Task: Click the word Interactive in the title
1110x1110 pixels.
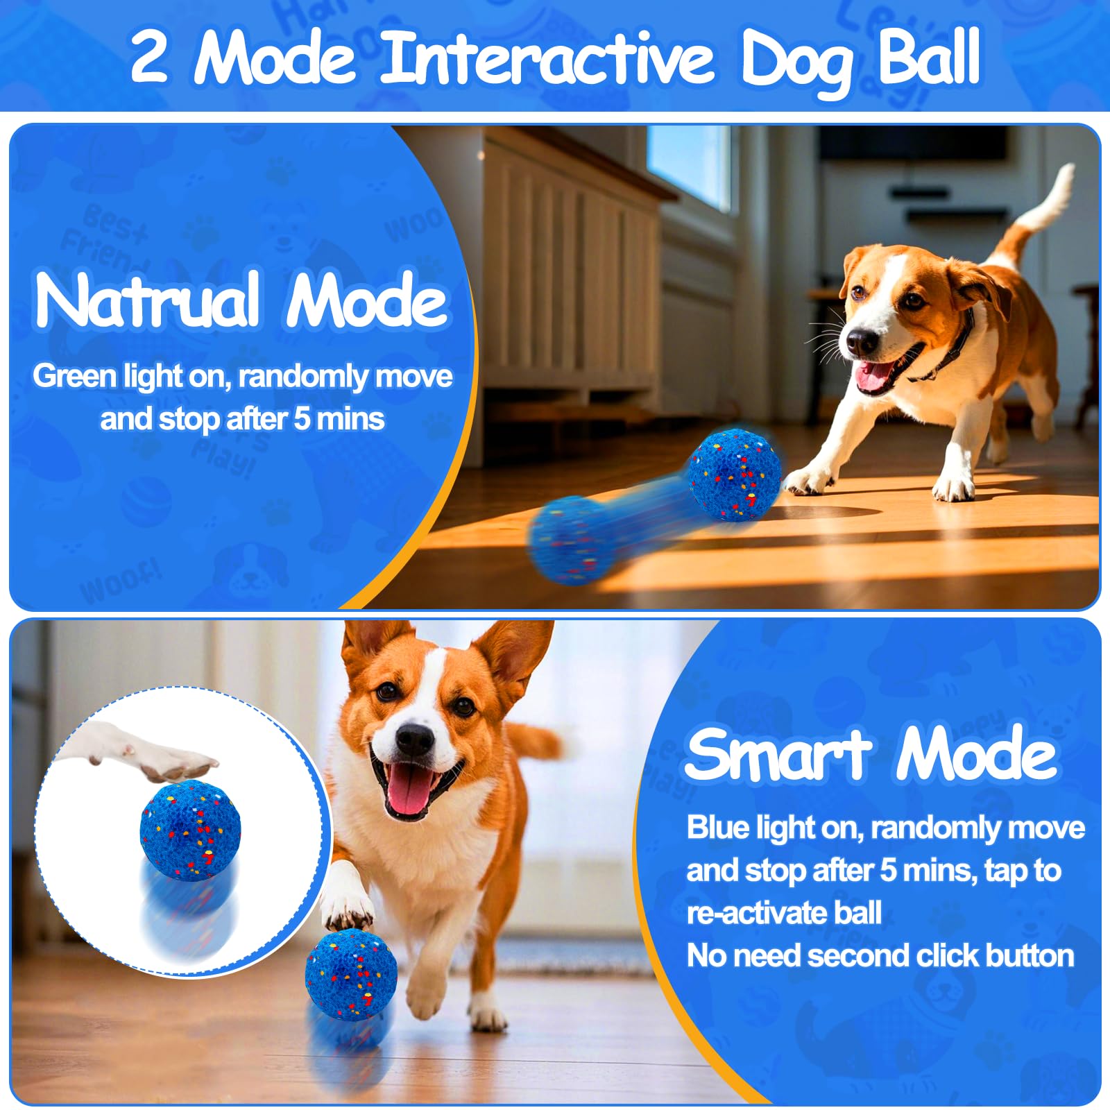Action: point(547,57)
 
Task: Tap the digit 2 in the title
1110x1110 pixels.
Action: point(148,57)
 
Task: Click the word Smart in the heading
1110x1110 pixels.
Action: point(777,755)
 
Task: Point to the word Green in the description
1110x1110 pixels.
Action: point(75,377)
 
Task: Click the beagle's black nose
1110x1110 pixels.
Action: point(862,341)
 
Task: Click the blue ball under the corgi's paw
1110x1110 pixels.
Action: point(351,975)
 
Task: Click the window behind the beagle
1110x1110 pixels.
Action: point(688,166)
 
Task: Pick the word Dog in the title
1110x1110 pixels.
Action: point(795,59)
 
